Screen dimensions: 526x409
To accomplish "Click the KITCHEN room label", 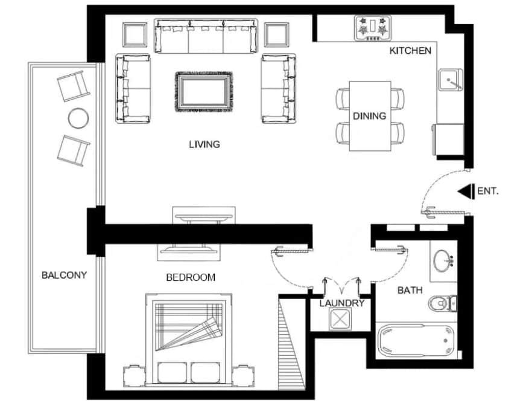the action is click(410, 51).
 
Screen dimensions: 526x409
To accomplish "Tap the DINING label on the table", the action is click(369, 116).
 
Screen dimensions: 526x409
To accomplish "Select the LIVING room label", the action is click(204, 144).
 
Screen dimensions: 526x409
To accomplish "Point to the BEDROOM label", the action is click(191, 277).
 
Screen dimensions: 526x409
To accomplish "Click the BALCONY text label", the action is click(64, 275).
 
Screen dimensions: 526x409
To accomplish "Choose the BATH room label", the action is click(410, 290).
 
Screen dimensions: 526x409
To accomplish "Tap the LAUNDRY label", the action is click(342, 303).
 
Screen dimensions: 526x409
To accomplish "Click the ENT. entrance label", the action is click(488, 192).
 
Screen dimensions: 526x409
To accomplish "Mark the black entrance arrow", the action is click(466, 192).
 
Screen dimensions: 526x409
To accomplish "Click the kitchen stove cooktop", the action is click(373, 28).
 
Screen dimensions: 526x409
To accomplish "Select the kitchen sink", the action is click(450, 80).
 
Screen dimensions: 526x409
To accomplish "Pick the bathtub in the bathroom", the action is click(416, 340).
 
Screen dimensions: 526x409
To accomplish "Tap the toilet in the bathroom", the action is click(443, 303).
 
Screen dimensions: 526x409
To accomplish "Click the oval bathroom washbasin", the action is click(443, 260).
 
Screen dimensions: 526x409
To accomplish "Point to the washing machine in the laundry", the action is click(340, 319).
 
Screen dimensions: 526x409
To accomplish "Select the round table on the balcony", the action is click(78, 118).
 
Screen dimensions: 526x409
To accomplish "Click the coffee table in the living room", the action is click(204, 92).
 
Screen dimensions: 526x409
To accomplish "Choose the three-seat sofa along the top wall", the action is click(206, 36).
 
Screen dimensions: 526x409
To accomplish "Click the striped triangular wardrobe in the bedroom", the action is click(291, 344).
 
